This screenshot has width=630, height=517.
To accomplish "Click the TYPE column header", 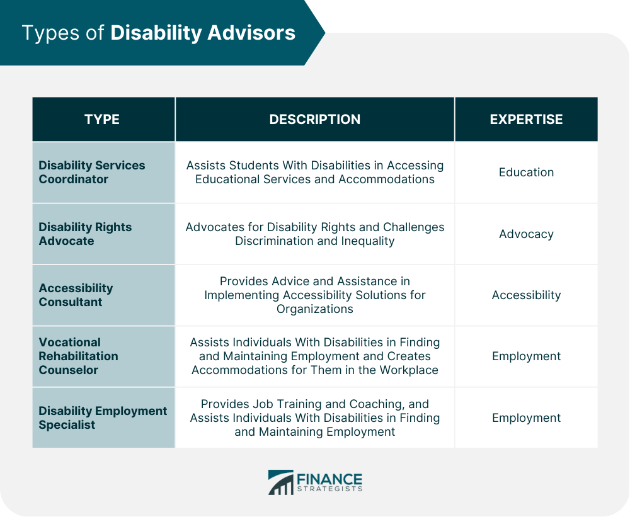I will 101,120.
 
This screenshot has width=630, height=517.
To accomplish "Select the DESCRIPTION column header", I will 314,120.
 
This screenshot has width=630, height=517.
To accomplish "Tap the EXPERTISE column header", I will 526,120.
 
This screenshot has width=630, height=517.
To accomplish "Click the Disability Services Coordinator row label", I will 92,172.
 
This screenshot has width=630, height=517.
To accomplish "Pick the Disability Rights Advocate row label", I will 85,234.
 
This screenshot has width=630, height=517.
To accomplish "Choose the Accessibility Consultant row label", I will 76,295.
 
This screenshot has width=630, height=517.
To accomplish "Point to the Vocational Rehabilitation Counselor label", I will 78,356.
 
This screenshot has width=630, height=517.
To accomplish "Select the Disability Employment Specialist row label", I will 103,418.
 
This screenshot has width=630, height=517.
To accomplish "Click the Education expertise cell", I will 526,172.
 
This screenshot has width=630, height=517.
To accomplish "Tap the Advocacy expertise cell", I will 526,234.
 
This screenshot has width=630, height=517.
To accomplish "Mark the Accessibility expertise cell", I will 526,295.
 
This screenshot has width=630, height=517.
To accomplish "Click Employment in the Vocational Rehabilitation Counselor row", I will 526,356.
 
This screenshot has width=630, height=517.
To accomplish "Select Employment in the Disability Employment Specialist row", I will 526,418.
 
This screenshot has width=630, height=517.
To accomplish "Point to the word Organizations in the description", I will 314,309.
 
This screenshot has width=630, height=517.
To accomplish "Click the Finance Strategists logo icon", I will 280,482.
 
